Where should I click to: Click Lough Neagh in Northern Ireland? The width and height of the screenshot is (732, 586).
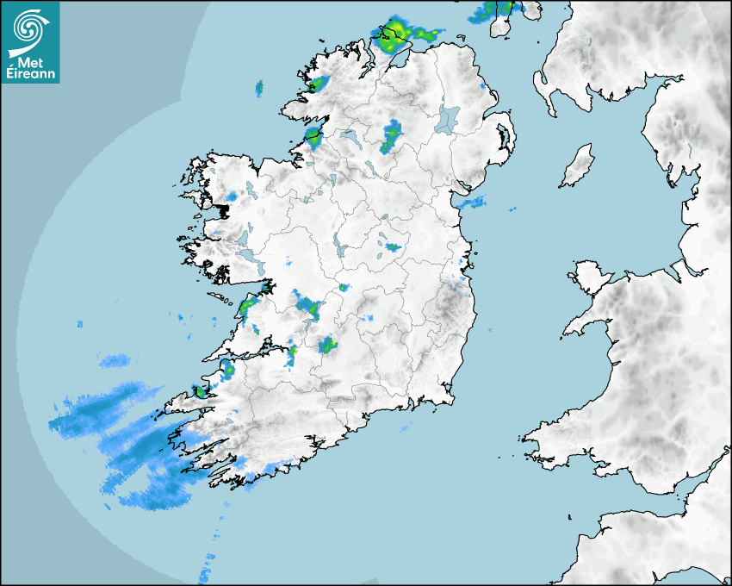[x=448, y=118]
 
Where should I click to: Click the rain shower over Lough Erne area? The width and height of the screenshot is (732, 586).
[x=392, y=135]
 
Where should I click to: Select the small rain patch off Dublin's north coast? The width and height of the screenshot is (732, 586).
[x=472, y=203]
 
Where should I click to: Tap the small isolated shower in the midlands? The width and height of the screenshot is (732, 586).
[x=393, y=247]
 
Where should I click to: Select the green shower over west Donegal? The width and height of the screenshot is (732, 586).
[x=319, y=84]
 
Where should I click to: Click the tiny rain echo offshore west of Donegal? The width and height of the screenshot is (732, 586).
[x=258, y=87]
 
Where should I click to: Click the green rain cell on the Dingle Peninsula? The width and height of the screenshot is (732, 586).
[x=201, y=391]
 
